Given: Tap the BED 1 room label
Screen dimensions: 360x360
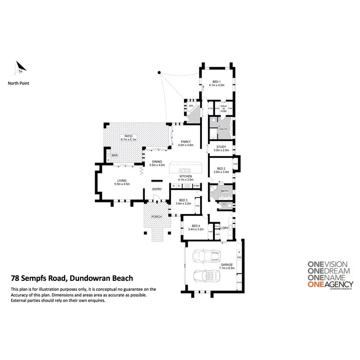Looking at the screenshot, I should pyautogui.click(x=216, y=82).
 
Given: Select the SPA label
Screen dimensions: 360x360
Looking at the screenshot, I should pyautogui.click(x=191, y=105).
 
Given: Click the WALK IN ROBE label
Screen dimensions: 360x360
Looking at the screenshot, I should pyautogui.click(x=223, y=108).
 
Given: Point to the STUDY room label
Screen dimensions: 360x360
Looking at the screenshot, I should pyautogui.click(x=221, y=146).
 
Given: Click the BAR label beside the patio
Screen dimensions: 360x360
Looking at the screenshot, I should pyautogui.click(x=115, y=155).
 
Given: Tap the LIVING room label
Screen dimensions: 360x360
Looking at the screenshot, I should pyautogui.click(x=122, y=180).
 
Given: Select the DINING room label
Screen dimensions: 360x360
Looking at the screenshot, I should pyautogui.click(x=157, y=161).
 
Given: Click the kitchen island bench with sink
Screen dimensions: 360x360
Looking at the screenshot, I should pyautogui.click(x=185, y=169).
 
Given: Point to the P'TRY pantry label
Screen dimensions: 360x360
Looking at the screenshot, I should pyautogui.click(x=197, y=186).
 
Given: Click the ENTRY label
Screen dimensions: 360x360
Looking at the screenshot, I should pyautogui.click(x=157, y=189).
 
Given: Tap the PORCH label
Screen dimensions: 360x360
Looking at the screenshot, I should pyautogui.click(x=156, y=217).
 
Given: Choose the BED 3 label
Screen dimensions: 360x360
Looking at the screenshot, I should pyautogui.click(x=183, y=199).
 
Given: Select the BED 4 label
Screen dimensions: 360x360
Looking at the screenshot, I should pyautogui.click(x=195, y=226).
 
